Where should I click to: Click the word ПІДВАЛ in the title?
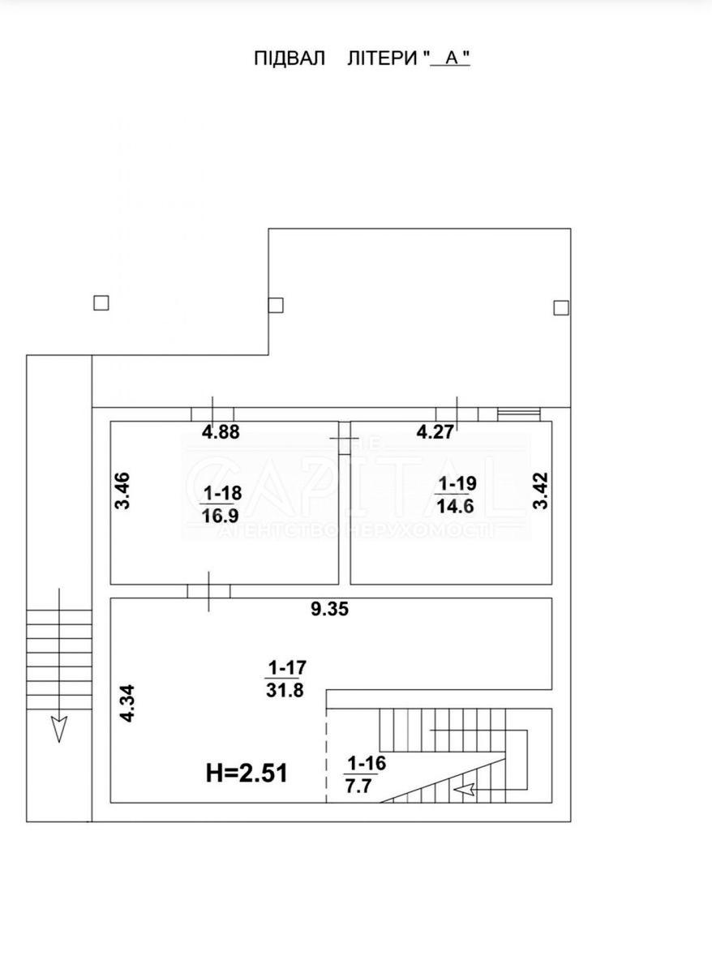tap(290, 58)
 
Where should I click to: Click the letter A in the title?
tap(451, 58)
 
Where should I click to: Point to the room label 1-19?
tap(457, 484)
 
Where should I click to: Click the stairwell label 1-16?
tap(367, 763)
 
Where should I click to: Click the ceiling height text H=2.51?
tap(247, 773)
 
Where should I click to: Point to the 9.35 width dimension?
tap(329, 611)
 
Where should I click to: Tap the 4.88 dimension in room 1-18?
tap(221, 432)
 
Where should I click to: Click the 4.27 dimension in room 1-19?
tap(435, 432)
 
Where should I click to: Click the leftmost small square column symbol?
tap(101, 302)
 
